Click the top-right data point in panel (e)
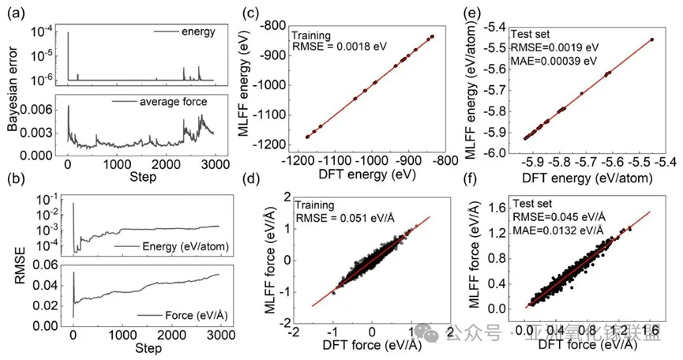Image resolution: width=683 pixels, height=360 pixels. pos(651,39)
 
